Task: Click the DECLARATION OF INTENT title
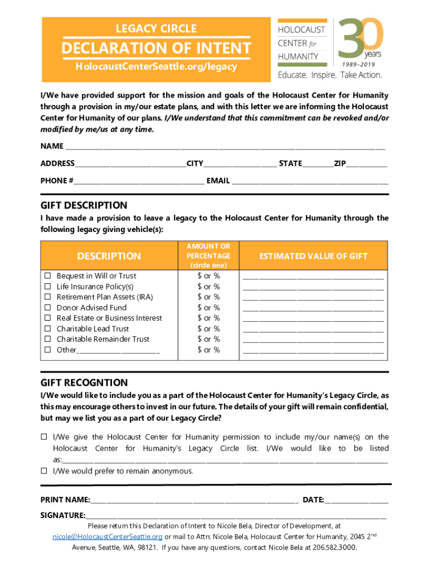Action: [156, 48]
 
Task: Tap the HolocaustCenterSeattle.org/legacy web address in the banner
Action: [156, 67]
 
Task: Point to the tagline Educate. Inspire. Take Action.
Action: [330, 75]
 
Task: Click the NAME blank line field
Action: [225, 147]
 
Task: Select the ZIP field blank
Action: [367, 164]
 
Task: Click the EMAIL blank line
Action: [310, 181]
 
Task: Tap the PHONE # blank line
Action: [139, 181]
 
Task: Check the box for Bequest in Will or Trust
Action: [48, 276]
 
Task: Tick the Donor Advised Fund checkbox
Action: [48, 308]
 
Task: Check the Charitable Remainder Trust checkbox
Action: [48, 339]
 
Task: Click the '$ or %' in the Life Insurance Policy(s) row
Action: [208, 287]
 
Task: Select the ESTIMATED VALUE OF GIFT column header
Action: [313, 256]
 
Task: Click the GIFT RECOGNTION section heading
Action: [84, 383]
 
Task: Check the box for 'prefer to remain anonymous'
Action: [43, 471]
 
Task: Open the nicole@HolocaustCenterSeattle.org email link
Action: [107, 536]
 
